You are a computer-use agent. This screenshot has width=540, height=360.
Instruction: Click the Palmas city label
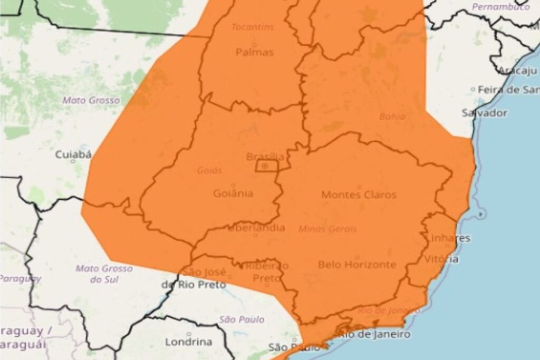pyautogui.click(x=255, y=52)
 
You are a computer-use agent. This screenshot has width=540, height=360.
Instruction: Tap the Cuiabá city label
pyautogui.click(x=74, y=154)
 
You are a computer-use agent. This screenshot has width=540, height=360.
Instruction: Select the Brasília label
pyautogui.click(x=265, y=157)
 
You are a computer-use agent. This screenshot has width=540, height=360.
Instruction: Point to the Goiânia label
pyautogui.click(x=233, y=193)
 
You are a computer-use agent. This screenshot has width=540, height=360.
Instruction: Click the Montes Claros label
pyautogui.click(x=359, y=194)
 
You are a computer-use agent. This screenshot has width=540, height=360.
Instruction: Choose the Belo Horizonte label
pyautogui.click(x=357, y=264)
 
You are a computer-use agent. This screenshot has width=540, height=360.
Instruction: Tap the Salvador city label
pyautogui.click(x=484, y=112)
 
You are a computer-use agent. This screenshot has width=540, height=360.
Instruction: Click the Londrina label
pyautogui.click(x=189, y=342)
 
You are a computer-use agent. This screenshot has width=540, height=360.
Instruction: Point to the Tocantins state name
pyautogui.click(x=253, y=26)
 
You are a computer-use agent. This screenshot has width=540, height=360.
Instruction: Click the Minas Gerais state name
pyautogui.click(x=327, y=229)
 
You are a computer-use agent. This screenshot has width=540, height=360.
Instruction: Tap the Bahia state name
pyautogui.click(x=392, y=116)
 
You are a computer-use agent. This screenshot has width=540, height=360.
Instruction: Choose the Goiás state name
pyautogui.click(x=209, y=171)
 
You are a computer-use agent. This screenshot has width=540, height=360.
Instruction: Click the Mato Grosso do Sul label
pyautogui.click(x=104, y=274)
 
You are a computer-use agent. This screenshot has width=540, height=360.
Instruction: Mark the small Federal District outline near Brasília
pyautogui.click(x=267, y=167)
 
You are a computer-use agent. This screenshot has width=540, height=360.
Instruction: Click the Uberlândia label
pyautogui.click(x=256, y=228)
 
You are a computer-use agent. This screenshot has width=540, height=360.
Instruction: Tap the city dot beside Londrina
pyautogui.click(x=189, y=334)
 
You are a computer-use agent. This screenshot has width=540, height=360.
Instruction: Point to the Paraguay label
pyautogui.click(x=20, y=278)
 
